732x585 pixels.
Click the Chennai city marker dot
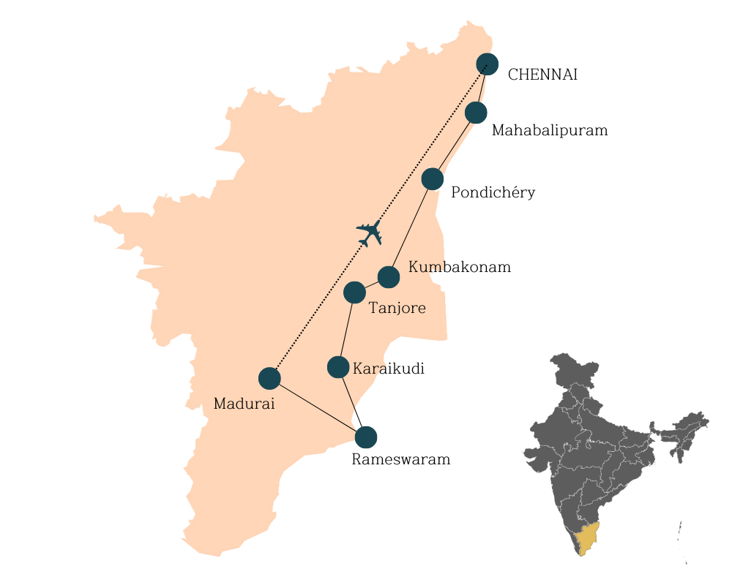click(x=487, y=64)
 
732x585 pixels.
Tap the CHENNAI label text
click(x=542, y=75)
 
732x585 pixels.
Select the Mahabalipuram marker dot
click(x=476, y=113)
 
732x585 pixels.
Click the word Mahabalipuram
click(x=550, y=131)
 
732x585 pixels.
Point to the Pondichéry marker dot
click(x=433, y=178)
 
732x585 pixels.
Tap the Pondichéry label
click(x=493, y=193)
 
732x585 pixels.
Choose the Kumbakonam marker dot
click(x=389, y=277)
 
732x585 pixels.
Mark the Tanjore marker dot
click(x=354, y=292)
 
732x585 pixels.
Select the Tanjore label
click(x=397, y=309)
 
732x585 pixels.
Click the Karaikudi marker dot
click(x=338, y=367)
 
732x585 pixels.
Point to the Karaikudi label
click(x=389, y=369)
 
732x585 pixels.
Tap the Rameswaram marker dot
click(x=366, y=437)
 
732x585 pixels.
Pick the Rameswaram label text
click(x=400, y=460)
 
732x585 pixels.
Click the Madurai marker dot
click(x=269, y=378)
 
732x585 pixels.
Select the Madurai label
click(x=244, y=404)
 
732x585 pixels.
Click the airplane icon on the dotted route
click(x=370, y=233)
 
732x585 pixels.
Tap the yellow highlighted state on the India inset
click(x=586, y=539)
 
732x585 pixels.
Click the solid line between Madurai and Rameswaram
click(x=318, y=407)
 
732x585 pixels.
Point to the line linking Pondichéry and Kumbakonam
click(x=411, y=227)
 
